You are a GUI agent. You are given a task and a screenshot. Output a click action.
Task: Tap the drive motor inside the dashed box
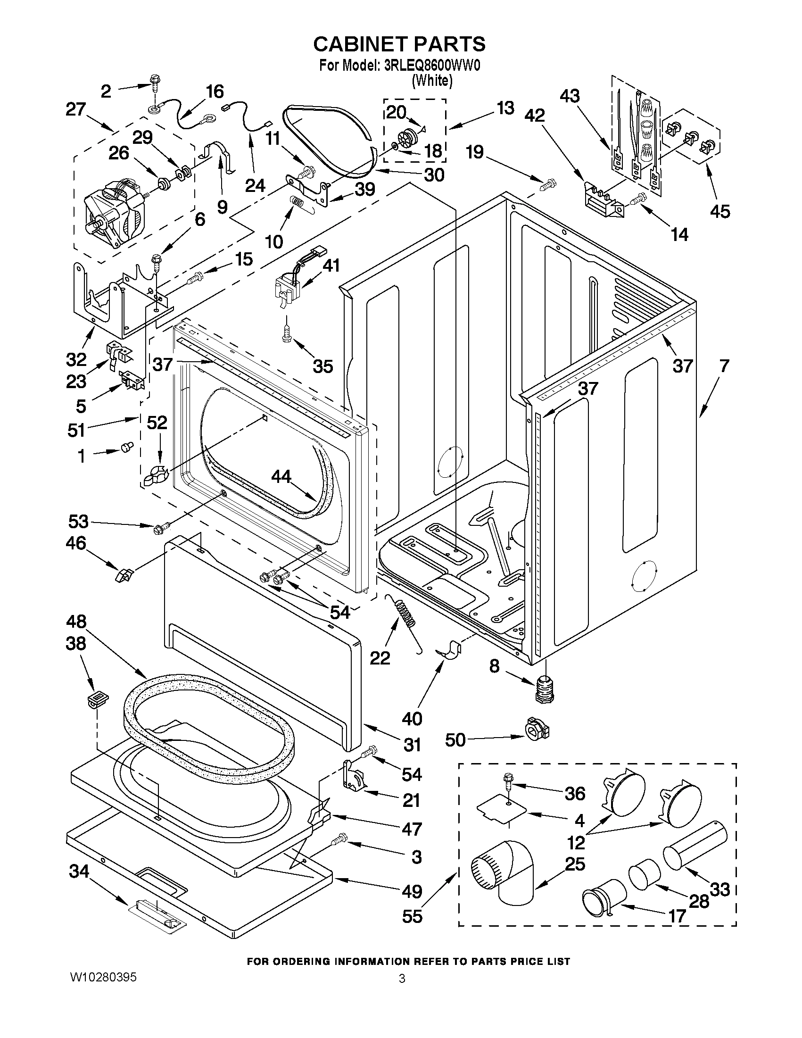point(114,209)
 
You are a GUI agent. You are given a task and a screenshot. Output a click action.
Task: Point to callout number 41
point(331,265)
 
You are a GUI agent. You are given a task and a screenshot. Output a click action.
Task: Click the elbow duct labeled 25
point(504,872)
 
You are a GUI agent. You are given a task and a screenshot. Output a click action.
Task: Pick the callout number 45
point(719,211)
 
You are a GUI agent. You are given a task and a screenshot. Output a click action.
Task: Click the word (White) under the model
point(432,81)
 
